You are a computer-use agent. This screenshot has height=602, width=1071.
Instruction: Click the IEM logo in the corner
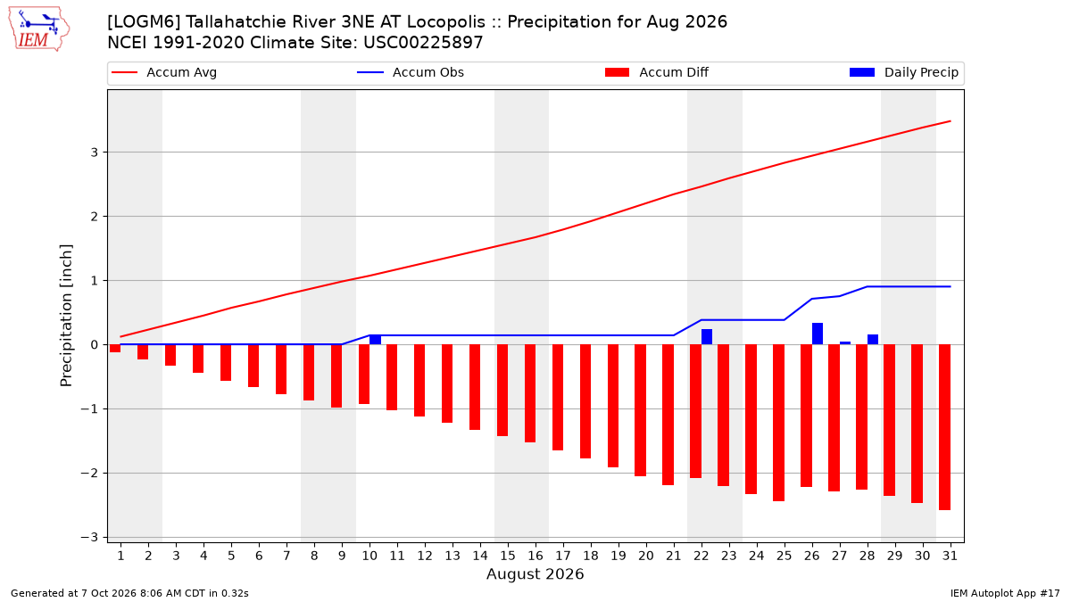click(x=38, y=29)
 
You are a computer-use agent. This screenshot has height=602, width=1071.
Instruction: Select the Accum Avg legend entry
click(x=164, y=72)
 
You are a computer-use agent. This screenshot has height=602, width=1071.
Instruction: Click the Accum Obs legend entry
click(x=411, y=72)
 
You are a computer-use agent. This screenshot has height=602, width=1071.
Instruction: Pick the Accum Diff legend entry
click(x=657, y=72)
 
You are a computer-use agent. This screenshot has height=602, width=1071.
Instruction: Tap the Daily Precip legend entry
click(x=904, y=72)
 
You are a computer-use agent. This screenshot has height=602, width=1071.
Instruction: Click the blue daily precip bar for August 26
click(x=818, y=334)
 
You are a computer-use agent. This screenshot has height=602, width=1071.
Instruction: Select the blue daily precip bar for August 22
click(x=707, y=337)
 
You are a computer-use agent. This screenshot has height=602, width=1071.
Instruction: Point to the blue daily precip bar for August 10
click(x=376, y=340)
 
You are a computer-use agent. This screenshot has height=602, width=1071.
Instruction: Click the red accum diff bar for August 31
click(x=944, y=427)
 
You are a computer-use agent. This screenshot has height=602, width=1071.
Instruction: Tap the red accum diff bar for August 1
click(x=115, y=349)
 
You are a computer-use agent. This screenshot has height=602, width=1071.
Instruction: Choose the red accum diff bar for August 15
click(x=502, y=391)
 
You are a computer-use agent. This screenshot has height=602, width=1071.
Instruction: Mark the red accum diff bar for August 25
click(x=778, y=423)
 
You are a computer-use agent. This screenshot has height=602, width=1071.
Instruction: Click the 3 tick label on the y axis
click(x=95, y=153)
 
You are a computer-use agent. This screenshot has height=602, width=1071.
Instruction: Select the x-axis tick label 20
click(x=646, y=557)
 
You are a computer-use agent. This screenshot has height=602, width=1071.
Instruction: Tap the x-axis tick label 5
click(x=231, y=557)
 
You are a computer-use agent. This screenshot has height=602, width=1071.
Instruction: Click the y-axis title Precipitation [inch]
click(x=66, y=316)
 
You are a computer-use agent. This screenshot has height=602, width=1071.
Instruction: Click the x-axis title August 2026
click(x=535, y=573)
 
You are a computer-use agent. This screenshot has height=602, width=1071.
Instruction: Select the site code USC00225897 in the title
click(x=423, y=43)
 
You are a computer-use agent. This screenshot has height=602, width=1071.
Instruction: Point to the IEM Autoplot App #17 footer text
click(x=1005, y=593)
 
